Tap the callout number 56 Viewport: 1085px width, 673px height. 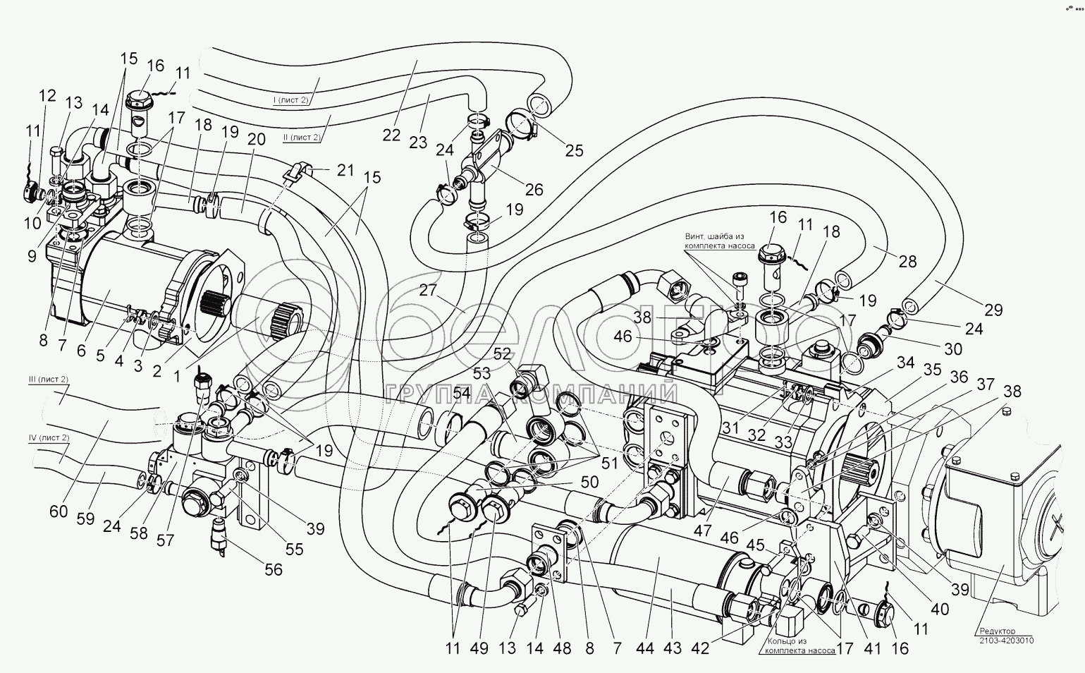click(273, 569)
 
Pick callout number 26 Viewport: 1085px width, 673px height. click(534, 189)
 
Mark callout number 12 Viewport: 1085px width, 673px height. click(48, 95)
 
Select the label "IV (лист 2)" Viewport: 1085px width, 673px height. click(49, 438)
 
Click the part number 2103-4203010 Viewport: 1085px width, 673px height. click(1007, 641)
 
